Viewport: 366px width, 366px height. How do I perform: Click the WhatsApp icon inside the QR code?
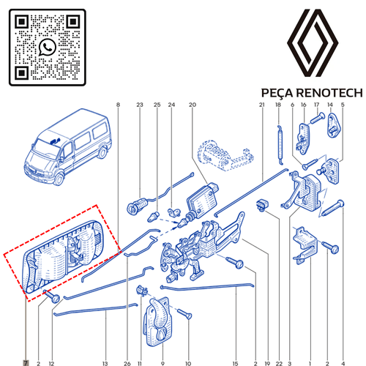[x=48, y=47]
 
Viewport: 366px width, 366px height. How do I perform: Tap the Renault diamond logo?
[x=313, y=43]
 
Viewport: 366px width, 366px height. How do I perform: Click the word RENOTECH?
[x=329, y=93]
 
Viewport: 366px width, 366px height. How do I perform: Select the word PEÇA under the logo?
[x=277, y=94]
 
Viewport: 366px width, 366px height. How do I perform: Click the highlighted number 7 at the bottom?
[x=26, y=363]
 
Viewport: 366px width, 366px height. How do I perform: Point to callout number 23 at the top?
[x=140, y=105]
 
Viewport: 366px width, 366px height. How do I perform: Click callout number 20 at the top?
[x=193, y=105]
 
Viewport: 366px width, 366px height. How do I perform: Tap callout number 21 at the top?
[x=262, y=105]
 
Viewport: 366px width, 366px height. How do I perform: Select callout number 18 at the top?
[x=278, y=105]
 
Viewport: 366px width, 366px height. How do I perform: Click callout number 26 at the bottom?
[x=127, y=363]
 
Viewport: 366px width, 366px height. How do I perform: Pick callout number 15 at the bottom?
[x=235, y=363]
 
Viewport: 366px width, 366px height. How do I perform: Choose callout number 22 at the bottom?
[x=279, y=363]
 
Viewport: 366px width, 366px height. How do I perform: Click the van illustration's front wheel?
[x=59, y=179]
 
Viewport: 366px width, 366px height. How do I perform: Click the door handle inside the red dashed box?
[x=62, y=255]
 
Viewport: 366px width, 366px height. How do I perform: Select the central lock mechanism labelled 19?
[x=203, y=247]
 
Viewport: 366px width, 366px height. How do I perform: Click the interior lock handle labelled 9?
[x=157, y=321]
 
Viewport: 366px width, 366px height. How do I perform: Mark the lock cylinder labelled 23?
[x=137, y=205]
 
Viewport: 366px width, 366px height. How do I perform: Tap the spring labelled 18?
[x=280, y=144]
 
